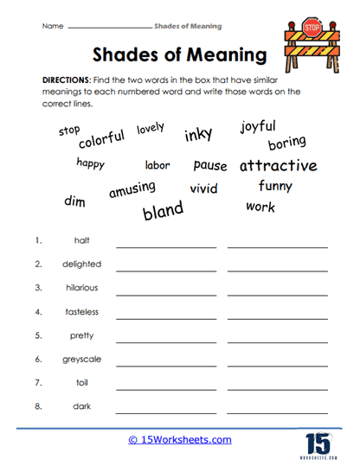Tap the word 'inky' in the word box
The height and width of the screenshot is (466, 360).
pos(198,134)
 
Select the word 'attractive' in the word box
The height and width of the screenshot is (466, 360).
pos(278,165)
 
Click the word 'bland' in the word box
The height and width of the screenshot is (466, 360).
pos(163,209)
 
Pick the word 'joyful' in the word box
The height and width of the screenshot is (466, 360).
pos(259,127)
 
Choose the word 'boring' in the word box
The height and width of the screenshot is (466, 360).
pos(286,143)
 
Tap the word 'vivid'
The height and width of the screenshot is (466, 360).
pos(203,188)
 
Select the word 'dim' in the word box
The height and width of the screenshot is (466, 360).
pos(74,201)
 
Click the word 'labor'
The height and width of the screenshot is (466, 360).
pos(157,165)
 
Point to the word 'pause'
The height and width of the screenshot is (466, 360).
pos(210,164)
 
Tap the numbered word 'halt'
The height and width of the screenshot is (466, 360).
pos(82,240)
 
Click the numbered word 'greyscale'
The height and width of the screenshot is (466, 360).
pos(82,359)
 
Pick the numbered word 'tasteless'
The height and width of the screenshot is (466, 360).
pos(82,311)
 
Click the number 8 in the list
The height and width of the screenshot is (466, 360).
pos(38,405)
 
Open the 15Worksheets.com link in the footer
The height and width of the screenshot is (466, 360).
pos(180,440)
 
